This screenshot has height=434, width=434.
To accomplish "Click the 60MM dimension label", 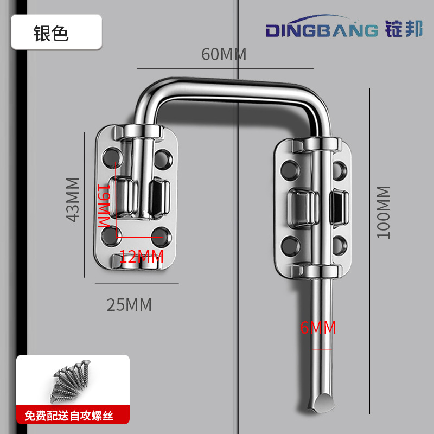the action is [224, 55].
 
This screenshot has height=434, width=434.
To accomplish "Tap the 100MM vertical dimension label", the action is [383, 212].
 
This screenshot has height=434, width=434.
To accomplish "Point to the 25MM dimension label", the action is [129, 305].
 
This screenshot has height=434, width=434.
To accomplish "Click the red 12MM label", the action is [141, 257].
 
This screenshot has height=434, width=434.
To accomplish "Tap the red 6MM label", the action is [318, 328].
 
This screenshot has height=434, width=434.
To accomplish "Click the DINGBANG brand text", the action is [321, 30].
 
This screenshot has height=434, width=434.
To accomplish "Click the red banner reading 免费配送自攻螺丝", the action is [73, 417].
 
